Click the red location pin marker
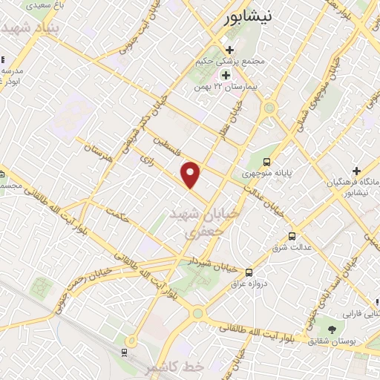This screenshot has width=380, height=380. point(191,174)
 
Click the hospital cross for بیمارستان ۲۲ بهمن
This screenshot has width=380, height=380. point(226,76)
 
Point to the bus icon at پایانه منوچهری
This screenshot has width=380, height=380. point(267,162)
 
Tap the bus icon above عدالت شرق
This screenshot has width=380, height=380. point(292,237)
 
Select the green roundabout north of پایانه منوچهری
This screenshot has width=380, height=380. point(269,108)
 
